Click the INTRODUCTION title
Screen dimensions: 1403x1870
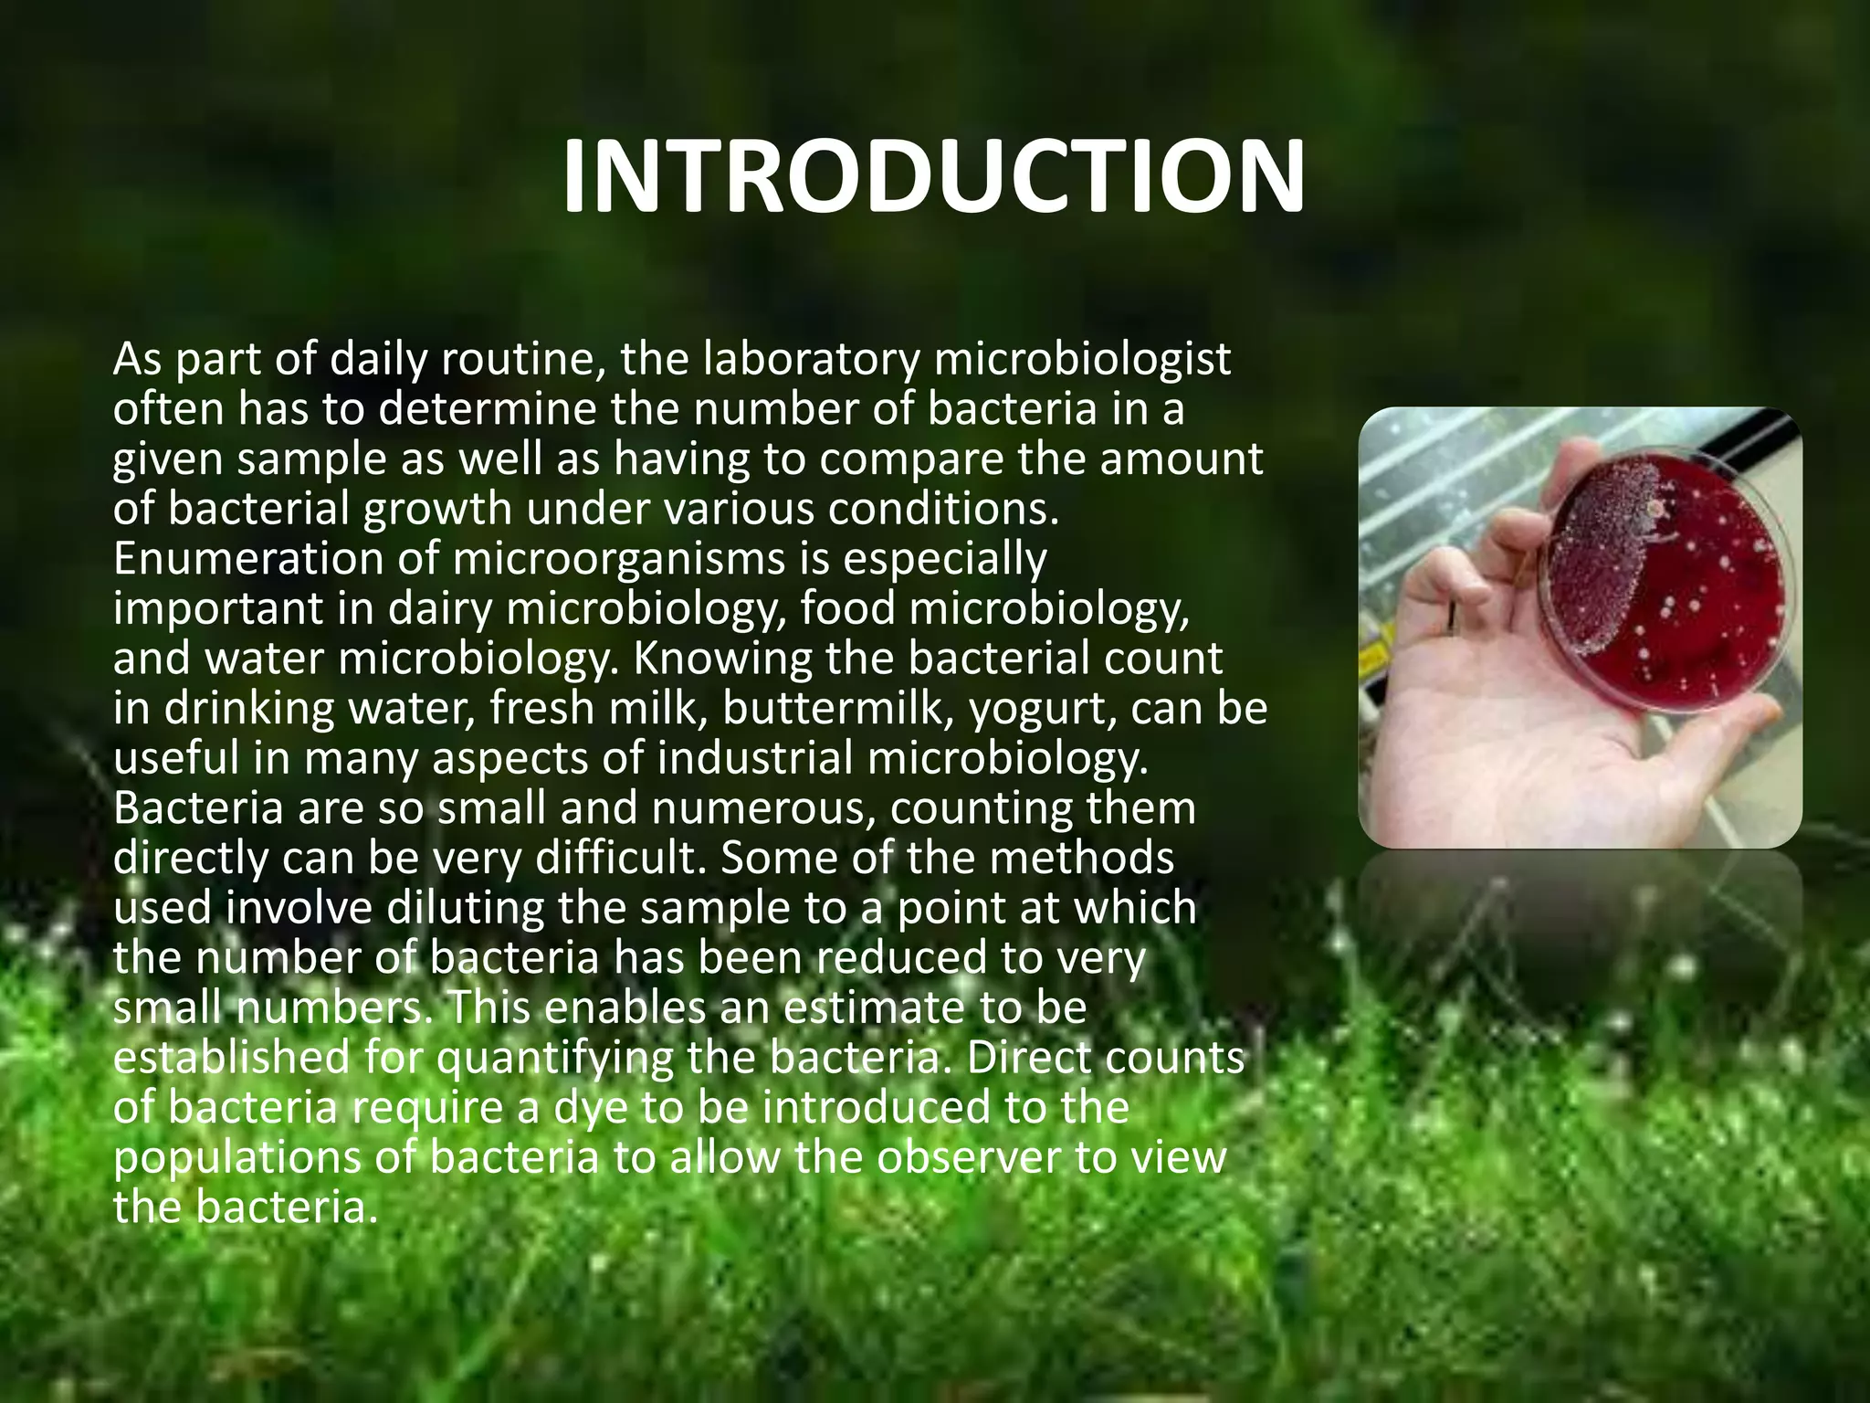933,177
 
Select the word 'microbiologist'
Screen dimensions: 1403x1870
1083,360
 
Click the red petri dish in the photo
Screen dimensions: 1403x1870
1671,585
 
